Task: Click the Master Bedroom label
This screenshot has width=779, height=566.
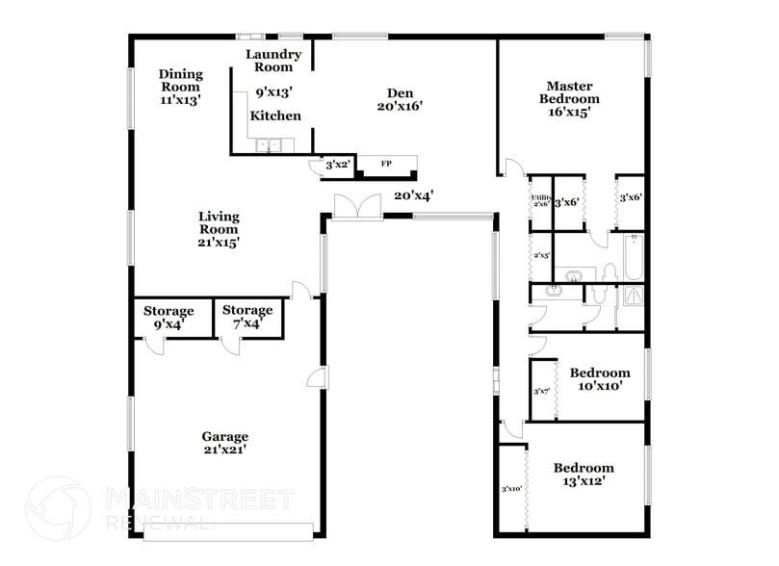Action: click(x=568, y=92)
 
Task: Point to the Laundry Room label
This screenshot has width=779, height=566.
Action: click(x=273, y=61)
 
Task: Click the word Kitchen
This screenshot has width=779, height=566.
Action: click(x=275, y=116)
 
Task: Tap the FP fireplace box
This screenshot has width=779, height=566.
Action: click(x=386, y=164)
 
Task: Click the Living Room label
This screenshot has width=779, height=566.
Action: click(x=219, y=229)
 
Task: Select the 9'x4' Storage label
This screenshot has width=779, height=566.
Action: click(x=169, y=318)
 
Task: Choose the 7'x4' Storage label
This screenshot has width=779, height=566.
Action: click(x=247, y=318)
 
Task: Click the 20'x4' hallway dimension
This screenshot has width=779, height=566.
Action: click(x=414, y=195)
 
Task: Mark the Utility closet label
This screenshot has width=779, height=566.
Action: click(x=540, y=200)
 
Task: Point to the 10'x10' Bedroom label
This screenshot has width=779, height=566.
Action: click(x=600, y=379)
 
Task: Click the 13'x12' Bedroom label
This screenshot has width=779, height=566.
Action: click(x=584, y=475)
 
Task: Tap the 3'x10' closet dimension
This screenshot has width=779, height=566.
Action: click(x=510, y=490)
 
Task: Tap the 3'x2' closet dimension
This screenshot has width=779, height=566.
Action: click(x=336, y=166)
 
